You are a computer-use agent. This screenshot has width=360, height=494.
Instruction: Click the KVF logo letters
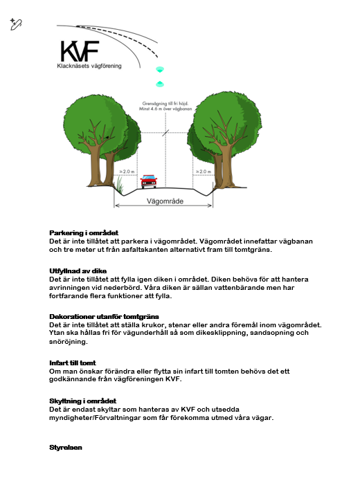pos(80,51)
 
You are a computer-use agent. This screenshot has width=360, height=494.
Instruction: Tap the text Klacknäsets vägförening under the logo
pos(89,66)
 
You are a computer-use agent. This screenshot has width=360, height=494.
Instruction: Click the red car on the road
pos(149,181)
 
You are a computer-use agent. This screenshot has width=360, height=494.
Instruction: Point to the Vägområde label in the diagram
pos(165,201)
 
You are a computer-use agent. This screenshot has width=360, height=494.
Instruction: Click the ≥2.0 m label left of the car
pos(127,172)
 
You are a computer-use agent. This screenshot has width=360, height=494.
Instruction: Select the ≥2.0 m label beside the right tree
pos(204,172)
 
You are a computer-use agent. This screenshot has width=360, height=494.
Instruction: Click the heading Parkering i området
pos(84,233)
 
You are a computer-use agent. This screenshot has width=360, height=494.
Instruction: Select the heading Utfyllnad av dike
pos(78,271)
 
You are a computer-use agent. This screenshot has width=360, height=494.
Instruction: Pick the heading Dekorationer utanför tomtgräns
pos(104,317)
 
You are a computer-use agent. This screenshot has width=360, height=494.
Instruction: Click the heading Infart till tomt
pos(73,363)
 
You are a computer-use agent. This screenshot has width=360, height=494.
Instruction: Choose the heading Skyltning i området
pos(82,401)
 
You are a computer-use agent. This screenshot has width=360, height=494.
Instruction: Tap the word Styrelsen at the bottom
pos(66,448)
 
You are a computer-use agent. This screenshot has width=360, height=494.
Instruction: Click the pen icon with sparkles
pos(16,24)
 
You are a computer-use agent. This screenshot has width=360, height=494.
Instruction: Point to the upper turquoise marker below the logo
pos(160,70)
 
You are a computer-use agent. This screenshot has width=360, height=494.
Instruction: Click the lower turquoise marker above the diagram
pos(160,84)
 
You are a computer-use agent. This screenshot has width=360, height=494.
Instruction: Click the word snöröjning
pos(68,342)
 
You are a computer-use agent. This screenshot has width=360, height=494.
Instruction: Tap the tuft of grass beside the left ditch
pos(120,185)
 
